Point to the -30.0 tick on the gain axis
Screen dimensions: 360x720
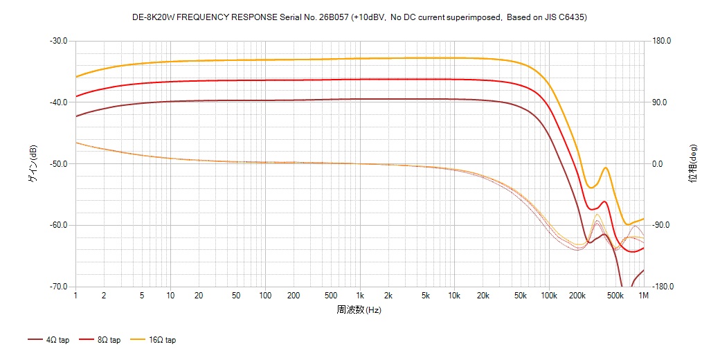coord(58,41)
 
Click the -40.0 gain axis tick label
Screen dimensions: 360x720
coord(58,102)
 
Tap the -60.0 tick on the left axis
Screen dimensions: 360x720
coord(58,226)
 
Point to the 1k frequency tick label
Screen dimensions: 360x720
coord(359,296)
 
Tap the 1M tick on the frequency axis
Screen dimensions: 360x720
coord(643,296)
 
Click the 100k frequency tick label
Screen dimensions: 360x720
coord(549,296)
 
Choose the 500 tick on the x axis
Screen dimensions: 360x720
coord(331,296)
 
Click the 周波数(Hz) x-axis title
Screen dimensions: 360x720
coord(359,309)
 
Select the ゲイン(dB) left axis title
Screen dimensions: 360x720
coord(32,163)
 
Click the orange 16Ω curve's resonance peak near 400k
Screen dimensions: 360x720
coord(606,168)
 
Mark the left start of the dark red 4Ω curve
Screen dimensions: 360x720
coord(76,116)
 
